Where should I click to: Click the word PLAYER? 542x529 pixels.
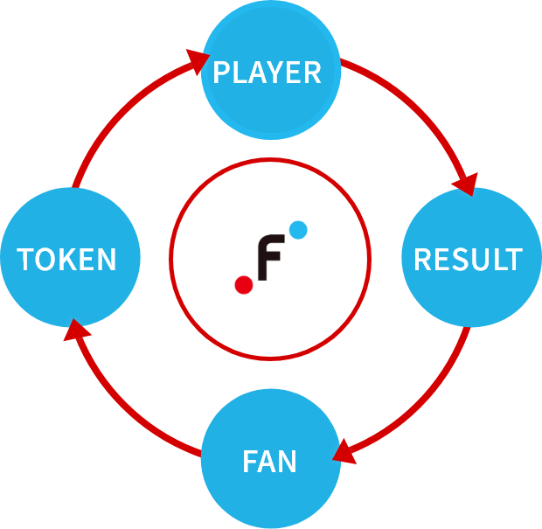[268, 72]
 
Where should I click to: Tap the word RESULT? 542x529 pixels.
[467, 259]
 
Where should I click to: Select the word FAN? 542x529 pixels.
[270, 460]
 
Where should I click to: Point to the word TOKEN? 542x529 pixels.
[67, 259]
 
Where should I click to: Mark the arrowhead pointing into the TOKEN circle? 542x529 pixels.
[78, 331]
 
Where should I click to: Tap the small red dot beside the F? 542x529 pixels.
[244, 284]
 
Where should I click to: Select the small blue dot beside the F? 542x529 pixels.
[297, 231]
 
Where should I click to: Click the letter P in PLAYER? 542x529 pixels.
[222, 72]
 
